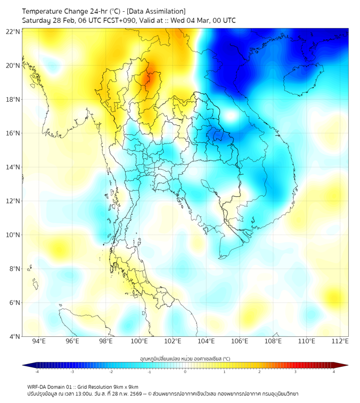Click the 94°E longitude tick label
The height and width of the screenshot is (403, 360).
(39, 341)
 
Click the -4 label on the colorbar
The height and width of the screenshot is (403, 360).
(36, 372)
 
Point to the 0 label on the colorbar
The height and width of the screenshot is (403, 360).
(185, 372)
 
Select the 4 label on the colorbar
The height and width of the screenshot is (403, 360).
(334, 372)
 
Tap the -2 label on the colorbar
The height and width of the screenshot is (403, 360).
(110, 372)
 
